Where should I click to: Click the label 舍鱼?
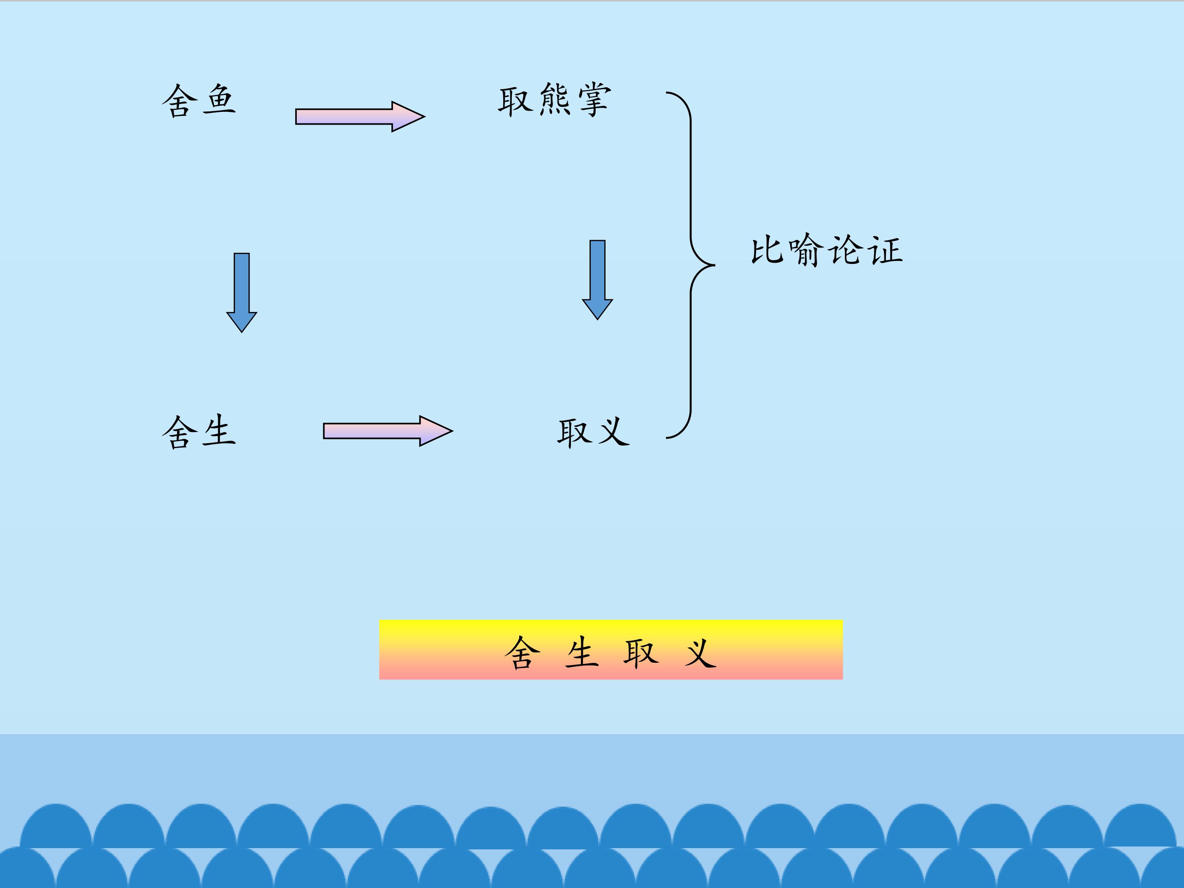(199, 101)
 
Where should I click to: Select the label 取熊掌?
(555, 99)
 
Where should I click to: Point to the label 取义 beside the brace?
(594, 432)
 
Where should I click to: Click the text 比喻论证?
(827, 250)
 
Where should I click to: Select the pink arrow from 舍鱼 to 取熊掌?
(360, 116)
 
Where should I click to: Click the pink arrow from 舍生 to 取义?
(388, 430)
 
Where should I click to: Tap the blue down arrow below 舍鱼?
(242, 293)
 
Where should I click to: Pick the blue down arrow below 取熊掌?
(597, 280)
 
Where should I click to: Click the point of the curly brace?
(715, 264)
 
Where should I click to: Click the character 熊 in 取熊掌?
(555, 99)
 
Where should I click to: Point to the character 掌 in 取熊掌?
(594, 99)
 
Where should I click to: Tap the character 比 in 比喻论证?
(768, 250)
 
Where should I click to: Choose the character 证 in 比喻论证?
(886, 250)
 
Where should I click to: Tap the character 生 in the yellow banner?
(582, 652)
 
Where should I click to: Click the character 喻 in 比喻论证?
(807, 250)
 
